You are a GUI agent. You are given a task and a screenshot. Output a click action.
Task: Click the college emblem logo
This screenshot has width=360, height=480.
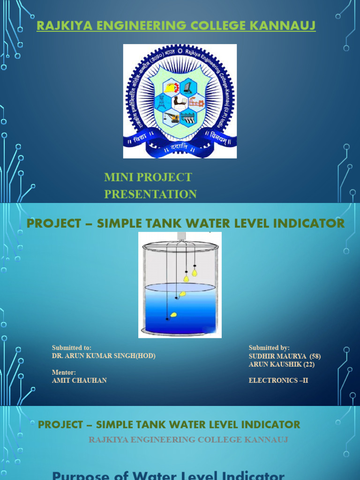click(180, 101)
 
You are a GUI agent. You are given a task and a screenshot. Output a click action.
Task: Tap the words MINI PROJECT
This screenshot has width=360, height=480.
click(148, 177)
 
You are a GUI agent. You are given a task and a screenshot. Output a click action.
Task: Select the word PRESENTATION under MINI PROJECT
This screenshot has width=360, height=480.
click(150, 194)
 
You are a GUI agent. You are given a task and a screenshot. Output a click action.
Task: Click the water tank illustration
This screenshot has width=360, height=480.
click(180, 285)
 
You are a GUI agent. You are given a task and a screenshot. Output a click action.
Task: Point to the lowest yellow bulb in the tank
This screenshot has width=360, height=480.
click(173, 315)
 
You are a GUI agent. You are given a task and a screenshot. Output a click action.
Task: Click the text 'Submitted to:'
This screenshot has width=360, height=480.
click(71, 348)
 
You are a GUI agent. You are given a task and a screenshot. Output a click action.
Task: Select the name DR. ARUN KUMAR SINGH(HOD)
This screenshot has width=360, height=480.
click(104, 356)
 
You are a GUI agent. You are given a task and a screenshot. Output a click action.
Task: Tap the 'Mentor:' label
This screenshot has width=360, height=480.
click(64, 372)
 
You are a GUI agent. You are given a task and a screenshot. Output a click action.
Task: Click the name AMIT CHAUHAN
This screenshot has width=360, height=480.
click(79, 381)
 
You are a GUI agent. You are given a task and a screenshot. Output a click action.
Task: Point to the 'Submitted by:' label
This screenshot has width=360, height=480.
click(269, 348)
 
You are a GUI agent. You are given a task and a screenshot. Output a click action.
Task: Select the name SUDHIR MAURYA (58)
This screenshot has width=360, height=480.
click(285, 356)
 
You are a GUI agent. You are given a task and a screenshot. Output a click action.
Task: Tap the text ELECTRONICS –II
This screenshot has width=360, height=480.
click(278, 381)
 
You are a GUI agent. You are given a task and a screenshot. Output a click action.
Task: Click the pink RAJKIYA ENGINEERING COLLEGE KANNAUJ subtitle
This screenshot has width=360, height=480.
click(188, 440)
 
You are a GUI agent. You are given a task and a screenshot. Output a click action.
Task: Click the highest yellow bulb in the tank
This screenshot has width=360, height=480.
click(195, 272)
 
